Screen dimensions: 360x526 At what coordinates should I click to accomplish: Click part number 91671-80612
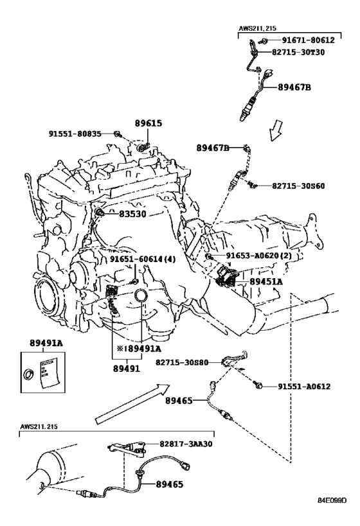(x=308, y=40)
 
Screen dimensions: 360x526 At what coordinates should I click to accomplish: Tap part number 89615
(x=148, y=123)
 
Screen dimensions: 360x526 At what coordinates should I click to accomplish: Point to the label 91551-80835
(x=75, y=134)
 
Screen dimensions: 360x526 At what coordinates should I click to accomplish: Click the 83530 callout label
(x=132, y=214)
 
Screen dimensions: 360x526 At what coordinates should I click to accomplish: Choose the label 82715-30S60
(x=298, y=186)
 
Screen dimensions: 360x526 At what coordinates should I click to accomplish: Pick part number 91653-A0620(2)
(x=258, y=256)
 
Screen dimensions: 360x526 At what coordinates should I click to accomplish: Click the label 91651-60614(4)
(x=143, y=259)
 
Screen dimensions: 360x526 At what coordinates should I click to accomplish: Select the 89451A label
(x=266, y=281)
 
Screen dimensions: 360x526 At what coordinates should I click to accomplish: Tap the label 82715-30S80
(x=182, y=362)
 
